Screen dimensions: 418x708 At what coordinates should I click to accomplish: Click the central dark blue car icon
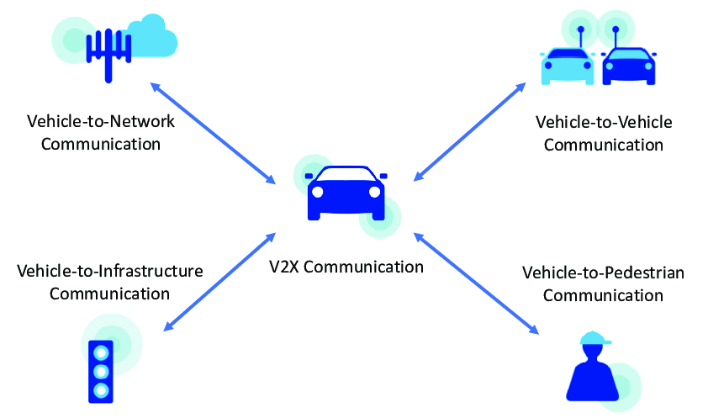[x=346, y=193]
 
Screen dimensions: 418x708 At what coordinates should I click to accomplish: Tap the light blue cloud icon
[x=153, y=38]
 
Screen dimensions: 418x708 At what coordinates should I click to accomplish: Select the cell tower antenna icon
[x=107, y=51]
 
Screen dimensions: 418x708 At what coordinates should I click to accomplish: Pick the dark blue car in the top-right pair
[x=628, y=66]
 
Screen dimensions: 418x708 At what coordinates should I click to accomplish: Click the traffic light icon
[x=102, y=370]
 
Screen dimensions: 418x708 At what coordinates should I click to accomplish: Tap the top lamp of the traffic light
[x=102, y=352]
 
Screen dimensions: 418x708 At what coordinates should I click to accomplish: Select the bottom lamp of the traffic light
[x=102, y=390]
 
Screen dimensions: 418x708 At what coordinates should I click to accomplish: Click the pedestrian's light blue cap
[x=594, y=339]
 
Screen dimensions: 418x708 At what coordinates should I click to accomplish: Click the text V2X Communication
[x=346, y=267]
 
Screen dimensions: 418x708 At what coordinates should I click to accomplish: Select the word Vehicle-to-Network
[x=101, y=121]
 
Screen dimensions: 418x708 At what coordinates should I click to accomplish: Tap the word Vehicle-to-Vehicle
[x=604, y=123]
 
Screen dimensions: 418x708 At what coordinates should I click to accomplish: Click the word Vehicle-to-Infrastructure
[x=109, y=271]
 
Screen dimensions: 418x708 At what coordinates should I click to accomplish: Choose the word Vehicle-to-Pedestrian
[x=603, y=273]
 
